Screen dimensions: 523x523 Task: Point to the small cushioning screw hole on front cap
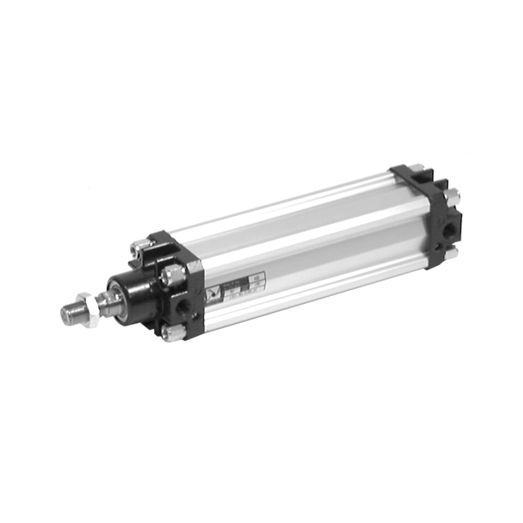[196, 316]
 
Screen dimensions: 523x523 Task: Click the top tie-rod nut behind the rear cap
[416, 168]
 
